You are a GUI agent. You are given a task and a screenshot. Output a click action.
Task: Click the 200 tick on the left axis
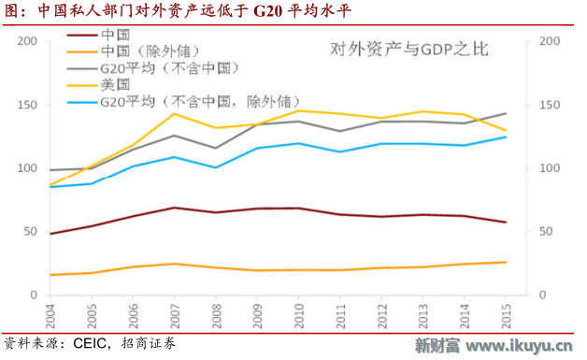click(27, 42)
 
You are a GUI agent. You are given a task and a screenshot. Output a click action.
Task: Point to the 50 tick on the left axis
click(31, 232)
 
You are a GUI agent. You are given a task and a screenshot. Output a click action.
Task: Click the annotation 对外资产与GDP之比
click(409, 50)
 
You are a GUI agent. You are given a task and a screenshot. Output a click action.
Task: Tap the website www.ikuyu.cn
click(519, 347)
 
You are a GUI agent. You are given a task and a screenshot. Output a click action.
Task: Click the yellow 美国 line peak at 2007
click(174, 113)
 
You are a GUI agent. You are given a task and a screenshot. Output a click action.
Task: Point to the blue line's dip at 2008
click(216, 167)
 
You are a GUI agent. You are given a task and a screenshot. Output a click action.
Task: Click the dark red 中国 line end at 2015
click(506, 223)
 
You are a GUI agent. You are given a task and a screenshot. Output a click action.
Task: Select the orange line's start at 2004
click(50, 275)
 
